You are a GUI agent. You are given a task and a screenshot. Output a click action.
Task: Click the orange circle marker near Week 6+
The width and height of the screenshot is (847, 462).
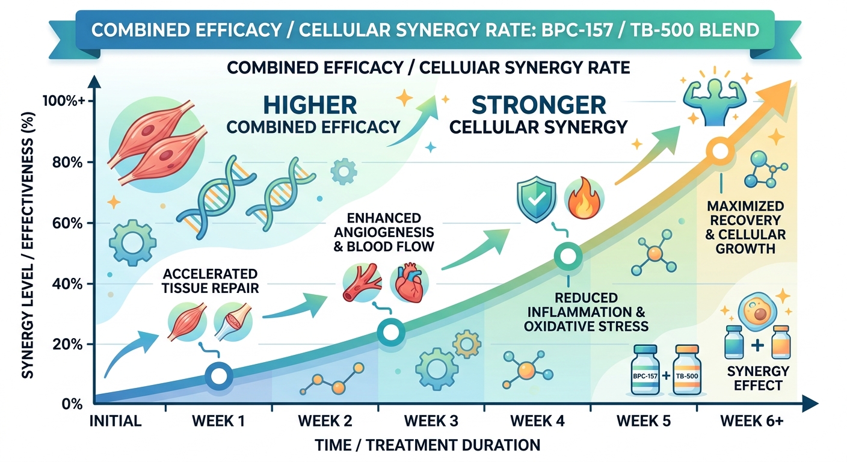coord(719,150)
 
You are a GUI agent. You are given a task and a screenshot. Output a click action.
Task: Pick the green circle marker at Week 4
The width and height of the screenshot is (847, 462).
coord(567,256)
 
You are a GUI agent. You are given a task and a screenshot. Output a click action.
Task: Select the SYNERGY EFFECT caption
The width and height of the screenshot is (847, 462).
coord(758,378)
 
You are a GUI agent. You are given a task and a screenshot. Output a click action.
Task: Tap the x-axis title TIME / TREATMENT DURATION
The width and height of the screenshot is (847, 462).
coord(427,446)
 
